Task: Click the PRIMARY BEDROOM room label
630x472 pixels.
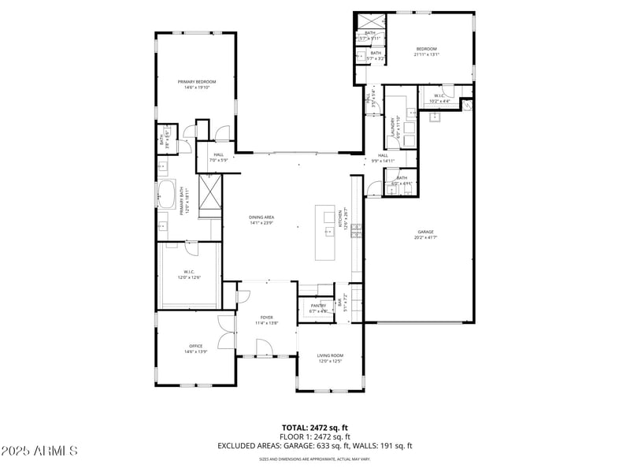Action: [x=196, y=82]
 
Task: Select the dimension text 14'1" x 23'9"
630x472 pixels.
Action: [x=261, y=223]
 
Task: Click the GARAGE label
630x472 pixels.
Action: [x=425, y=232]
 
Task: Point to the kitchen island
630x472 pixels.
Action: [x=325, y=232]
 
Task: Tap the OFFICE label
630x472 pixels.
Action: [x=196, y=346]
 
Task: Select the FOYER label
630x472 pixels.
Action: [x=267, y=317]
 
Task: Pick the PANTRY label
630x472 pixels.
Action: [x=318, y=306]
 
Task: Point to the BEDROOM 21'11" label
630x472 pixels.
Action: [x=426, y=49]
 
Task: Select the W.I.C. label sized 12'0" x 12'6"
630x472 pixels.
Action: [x=190, y=273]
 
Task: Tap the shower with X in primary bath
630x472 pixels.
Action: [x=210, y=195]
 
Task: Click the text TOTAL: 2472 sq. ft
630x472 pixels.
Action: [x=315, y=426]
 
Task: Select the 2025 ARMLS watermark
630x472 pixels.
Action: [x=39, y=452]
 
